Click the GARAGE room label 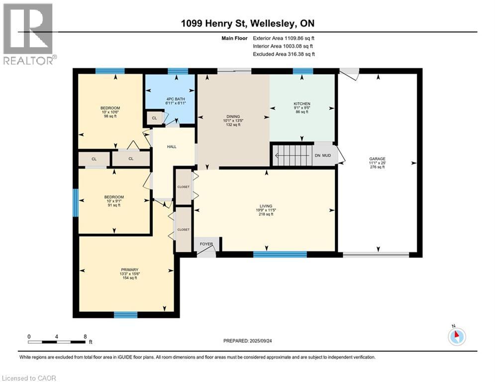[x=377, y=159]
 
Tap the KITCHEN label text [x=302, y=104]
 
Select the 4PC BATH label [x=176, y=99]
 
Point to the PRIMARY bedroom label [x=130, y=270]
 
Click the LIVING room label [x=266, y=206]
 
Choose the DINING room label [x=233, y=116]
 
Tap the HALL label [x=172, y=147]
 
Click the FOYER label [x=206, y=244]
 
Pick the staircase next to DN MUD [x=293, y=155]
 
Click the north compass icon [x=457, y=336]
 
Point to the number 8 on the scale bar [x=85, y=337]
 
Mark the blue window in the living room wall [x=280, y=255]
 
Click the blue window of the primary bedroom [x=126, y=315]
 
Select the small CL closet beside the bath [x=154, y=118]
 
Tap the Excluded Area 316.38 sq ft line [x=284, y=54]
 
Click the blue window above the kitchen [x=303, y=71]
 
